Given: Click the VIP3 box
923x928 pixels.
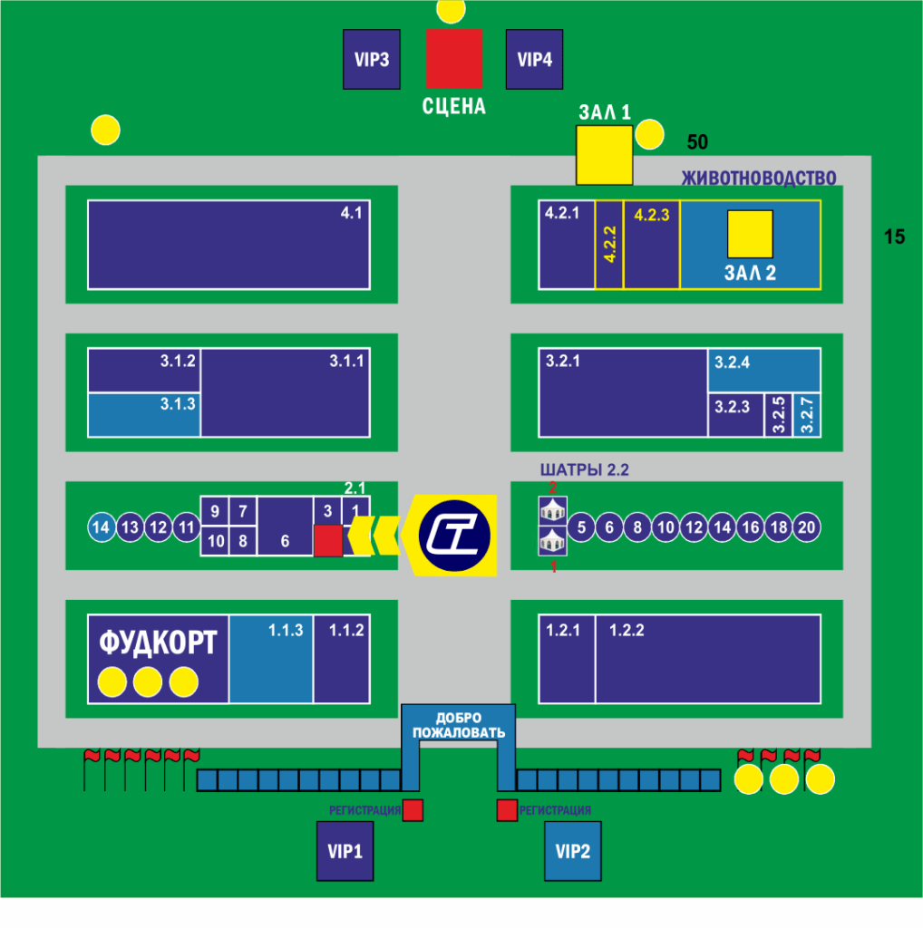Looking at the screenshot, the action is [372, 59].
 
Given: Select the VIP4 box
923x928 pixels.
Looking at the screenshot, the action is [535, 59].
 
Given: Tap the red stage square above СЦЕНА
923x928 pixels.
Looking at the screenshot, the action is [454, 59].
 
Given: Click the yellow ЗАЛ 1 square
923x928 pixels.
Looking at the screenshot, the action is [605, 155].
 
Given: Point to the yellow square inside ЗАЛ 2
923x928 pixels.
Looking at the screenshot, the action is [750, 234].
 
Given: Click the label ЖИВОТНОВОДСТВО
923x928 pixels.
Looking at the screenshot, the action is [758, 178].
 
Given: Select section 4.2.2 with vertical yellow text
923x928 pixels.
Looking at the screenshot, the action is [609, 245].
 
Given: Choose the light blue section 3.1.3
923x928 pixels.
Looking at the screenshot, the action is [144, 414].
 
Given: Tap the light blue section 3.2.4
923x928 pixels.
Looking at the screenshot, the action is [763, 370].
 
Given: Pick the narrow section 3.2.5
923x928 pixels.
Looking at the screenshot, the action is [779, 415].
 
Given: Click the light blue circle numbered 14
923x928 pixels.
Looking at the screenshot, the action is [102, 527].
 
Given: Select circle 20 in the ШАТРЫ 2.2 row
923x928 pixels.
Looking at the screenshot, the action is [806, 527].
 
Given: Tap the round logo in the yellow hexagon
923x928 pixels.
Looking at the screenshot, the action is [454, 536].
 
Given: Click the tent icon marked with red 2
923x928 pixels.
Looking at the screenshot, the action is [553, 510].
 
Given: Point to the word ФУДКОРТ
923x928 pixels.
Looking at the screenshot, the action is [158, 643].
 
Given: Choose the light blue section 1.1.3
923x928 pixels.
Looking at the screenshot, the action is [271, 659].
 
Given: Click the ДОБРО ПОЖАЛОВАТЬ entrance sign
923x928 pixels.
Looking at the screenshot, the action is [459, 725].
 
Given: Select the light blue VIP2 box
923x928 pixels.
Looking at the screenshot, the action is [573, 851].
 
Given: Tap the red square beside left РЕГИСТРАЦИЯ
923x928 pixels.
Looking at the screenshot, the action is [413, 810].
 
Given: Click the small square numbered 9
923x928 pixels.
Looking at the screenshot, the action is [215, 511].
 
